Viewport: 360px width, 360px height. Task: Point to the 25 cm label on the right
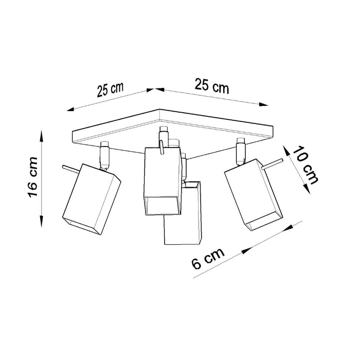click(211, 86)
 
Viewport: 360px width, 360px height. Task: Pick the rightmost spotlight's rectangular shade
click(254, 193)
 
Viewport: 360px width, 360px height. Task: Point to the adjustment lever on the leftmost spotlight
click(69, 168)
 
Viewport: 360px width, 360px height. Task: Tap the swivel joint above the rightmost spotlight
click(239, 152)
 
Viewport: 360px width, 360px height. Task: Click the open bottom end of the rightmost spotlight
click(263, 221)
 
